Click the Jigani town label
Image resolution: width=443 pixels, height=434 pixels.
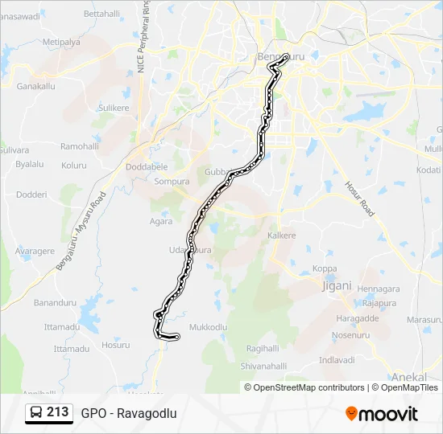(337, 285)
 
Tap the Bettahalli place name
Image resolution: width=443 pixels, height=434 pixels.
(101, 14)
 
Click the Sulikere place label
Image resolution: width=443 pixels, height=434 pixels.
(113, 107)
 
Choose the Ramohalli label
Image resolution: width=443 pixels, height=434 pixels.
(79, 147)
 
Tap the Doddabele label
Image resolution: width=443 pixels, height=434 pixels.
(147, 167)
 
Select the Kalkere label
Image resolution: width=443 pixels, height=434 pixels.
(282, 235)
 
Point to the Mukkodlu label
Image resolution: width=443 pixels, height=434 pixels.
(208, 328)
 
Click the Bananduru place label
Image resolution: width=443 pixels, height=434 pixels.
(55, 303)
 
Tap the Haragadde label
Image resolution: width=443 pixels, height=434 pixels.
(355, 318)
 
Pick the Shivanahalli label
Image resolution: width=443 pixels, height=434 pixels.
(263, 366)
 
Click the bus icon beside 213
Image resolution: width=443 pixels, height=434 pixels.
(36, 413)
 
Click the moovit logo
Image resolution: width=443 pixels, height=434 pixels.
(382, 414)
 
